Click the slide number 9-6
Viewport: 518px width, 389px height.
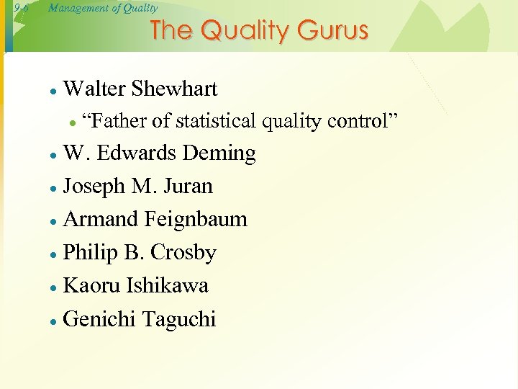click(x=19, y=9)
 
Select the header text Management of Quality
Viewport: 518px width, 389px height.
click(x=103, y=9)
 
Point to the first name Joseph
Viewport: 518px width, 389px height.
click(x=95, y=186)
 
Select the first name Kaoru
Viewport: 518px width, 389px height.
click(x=92, y=285)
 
